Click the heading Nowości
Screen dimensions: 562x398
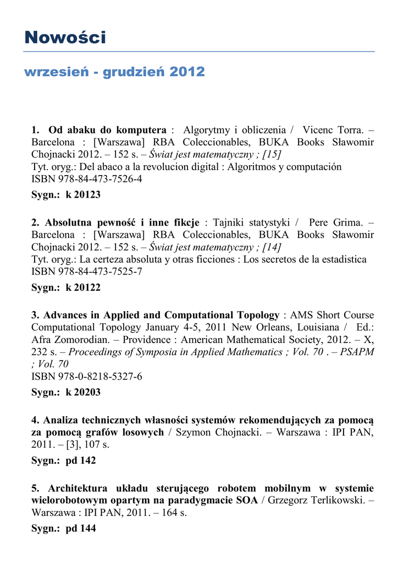point(65,37)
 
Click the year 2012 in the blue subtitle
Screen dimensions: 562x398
point(187,72)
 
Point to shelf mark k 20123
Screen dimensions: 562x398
point(83,195)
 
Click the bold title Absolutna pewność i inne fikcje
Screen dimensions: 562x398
point(122,222)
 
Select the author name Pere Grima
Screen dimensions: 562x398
point(336,222)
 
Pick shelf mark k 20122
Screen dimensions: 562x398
point(83,287)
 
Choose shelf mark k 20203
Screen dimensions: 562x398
point(83,392)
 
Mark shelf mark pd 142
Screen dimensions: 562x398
point(81,460)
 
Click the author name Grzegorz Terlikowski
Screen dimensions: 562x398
point(316,501)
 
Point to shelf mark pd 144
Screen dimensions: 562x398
point(81,529)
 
